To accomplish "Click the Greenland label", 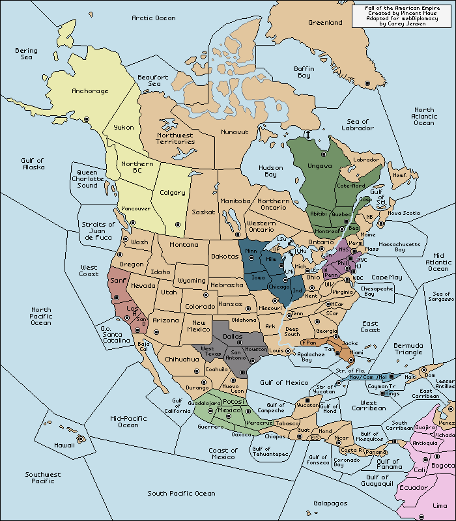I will pos(325,23).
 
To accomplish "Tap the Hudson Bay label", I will pos(271,171).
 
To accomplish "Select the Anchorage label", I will pos(90,91).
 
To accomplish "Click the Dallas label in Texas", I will pos(233,337).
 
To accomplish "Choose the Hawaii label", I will pos(64,445).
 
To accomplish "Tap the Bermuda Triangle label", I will pos(409,349).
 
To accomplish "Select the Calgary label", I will pos(172,192).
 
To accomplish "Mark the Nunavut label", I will pos(235,132).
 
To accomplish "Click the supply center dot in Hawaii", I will pos(81,439).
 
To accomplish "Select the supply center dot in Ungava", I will pos(323,154).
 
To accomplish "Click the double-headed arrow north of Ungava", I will pos(307,134).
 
